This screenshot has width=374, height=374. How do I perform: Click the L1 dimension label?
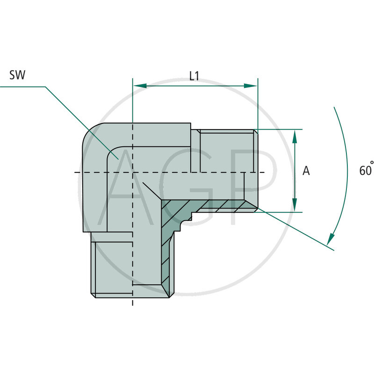(194, 75)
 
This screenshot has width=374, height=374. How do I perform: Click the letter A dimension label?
(306, 171)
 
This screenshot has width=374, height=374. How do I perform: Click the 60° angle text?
(366, 170)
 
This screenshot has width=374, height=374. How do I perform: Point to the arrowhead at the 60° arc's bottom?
(331, 239)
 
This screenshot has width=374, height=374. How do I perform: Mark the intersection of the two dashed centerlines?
(133, 173)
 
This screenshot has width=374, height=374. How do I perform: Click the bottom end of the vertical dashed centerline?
(133, 304)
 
